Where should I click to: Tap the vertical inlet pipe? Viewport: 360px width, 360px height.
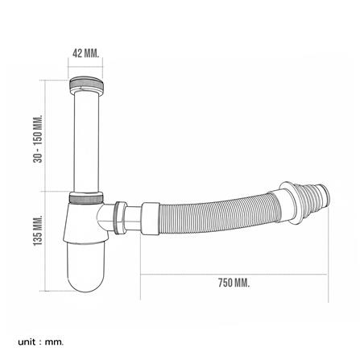tap(85, 141)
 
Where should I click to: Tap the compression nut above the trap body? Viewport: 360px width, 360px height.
tap(86, 198)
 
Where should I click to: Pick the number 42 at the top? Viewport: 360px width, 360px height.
tap(77, 54)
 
